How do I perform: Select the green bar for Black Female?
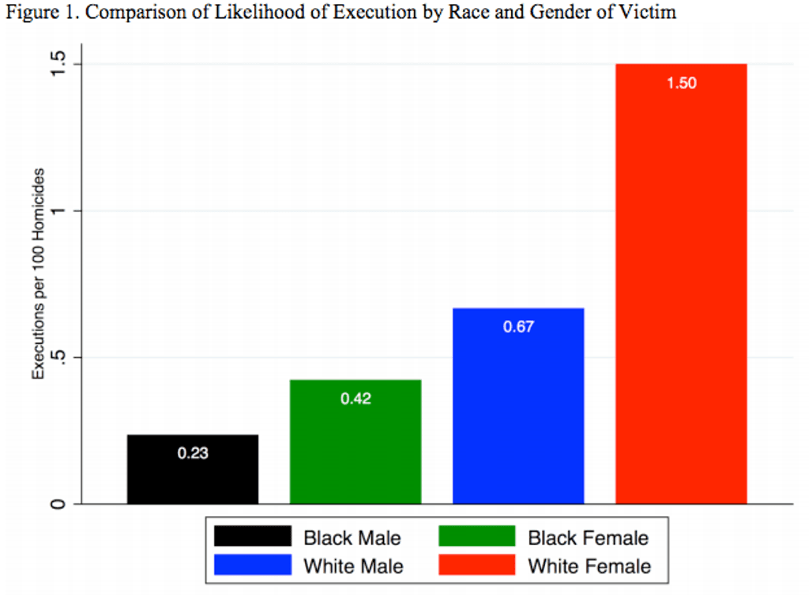coord(355,450)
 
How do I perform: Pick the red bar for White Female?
coord(681,292)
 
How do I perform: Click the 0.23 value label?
coord(193,454)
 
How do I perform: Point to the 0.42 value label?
coord(356,399)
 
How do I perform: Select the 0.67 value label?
coord(519,326)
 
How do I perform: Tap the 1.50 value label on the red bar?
coord(682,83)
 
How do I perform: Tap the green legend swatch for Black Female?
coord(476,537)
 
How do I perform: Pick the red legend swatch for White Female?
coord(476,565)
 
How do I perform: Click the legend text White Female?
coord(589,566)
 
